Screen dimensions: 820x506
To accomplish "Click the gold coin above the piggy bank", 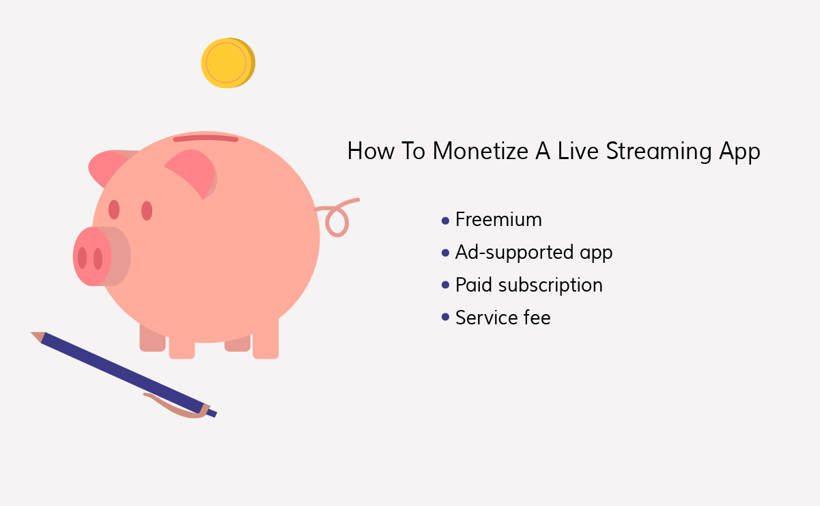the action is (228, 63).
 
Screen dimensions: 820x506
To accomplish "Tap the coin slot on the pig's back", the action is (206, 139).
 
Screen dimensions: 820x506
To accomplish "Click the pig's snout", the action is (93, 256).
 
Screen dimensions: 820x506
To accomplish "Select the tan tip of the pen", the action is (38, 337).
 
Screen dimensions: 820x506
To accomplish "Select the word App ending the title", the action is (739, 152).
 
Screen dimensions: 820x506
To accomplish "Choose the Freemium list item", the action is (498, 220).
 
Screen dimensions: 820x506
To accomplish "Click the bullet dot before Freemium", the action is (446, 221).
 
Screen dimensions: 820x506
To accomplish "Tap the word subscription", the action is (550, 285).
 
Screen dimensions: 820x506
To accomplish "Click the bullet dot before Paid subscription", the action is (446, 285).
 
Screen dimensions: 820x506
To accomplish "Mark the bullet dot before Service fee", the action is (446, 317).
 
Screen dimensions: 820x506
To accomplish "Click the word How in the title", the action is (371, 151).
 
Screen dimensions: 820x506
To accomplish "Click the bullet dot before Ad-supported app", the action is (446, 253).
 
